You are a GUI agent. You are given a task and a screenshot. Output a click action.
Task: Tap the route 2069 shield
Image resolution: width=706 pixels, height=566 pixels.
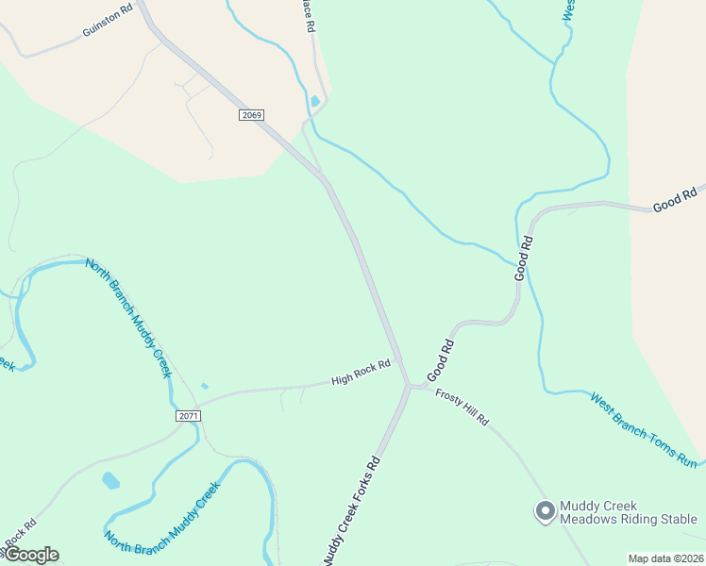click(251, 115)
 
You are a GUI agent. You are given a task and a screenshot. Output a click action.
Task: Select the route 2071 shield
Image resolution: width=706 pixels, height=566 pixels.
click(189, 415)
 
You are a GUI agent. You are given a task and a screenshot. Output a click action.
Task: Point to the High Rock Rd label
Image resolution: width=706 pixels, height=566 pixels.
click(361, 374)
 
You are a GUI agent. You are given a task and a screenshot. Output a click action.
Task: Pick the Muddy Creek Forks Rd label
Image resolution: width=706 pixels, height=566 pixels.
click(351, 510)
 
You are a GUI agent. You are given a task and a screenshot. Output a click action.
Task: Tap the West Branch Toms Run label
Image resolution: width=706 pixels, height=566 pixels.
click(644, 430)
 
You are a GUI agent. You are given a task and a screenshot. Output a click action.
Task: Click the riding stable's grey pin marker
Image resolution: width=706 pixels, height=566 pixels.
click(544, 511)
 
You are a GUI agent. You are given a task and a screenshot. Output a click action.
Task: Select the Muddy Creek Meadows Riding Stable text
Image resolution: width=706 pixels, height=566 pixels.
click(628, 512)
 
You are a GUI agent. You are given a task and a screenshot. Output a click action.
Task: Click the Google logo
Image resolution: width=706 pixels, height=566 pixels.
click(30, 555)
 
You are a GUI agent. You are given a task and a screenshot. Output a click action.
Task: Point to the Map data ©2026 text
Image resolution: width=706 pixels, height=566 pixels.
click(664, 558)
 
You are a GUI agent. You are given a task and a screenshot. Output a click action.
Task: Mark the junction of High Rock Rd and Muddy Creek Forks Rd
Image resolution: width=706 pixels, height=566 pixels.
click(408, 385)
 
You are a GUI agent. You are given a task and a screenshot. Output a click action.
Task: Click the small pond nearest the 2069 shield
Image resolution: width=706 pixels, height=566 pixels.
click(314, 101)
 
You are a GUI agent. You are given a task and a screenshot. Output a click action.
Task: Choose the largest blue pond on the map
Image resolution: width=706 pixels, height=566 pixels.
click(111, 480)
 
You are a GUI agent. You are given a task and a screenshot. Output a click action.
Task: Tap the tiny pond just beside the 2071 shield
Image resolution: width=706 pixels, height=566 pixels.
click(205, 386)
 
